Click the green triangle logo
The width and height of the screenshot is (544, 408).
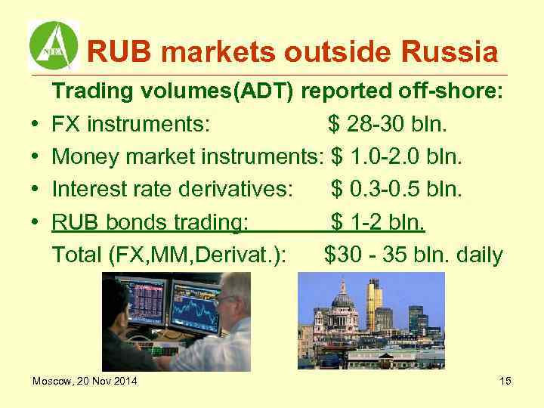(x=53, y=45)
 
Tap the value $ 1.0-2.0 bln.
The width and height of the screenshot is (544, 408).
(x=397, y=157)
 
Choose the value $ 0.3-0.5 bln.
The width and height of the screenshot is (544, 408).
(x=397, y=190)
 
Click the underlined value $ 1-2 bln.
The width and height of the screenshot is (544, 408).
(x=378, y=224)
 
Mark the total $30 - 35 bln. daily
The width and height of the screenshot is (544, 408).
(x=413, y=255)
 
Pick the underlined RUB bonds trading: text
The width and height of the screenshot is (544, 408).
(x=150, y=224)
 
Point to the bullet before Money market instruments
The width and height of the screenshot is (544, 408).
(x=36, y=158)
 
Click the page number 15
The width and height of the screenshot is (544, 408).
(x=505, y=381)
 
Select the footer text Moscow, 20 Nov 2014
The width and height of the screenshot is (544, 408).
(x=85, y=381)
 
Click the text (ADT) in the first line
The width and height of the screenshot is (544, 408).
(x=267, y=91)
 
